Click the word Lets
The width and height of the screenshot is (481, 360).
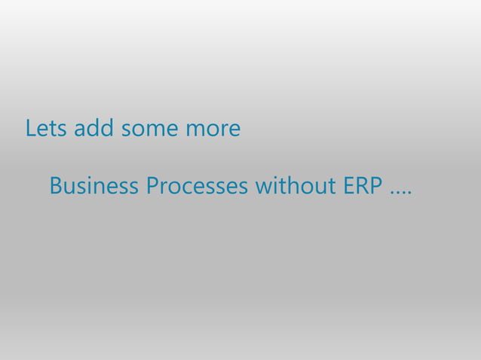click(x=46, y=129)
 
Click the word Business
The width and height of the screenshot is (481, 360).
click(x=94, y=185)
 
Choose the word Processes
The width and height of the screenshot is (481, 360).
click(x=197, y=185)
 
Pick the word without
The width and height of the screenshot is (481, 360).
click(x=296, y=185)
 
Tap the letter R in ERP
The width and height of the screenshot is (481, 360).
click(x=363, y=185)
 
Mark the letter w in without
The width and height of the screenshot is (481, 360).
click(x=263, y=187)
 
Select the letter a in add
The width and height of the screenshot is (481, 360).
click(x=78, y=130)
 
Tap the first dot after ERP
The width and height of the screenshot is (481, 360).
click(x=391, y=193)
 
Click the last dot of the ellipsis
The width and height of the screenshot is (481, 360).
click(x=409, y=193)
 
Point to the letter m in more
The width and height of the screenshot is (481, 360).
click(x=195, y=130)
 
